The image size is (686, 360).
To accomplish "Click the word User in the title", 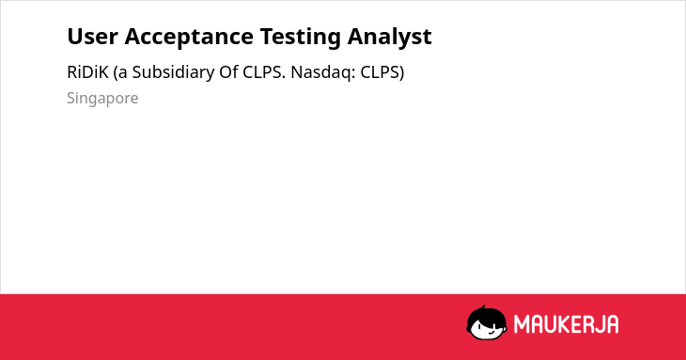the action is [x=92, y=37].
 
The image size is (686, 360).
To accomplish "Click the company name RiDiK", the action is [x=87, y=72].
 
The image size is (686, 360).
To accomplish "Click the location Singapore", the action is [x=102, y=99].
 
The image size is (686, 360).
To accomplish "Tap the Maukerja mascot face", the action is [x=487, y=322].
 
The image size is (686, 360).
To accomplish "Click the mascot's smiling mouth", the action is [x=491, y=332].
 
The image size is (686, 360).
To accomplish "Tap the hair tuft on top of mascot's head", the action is [x=483, y=307].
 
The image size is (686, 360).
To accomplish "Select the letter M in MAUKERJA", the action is [x=522, y=324].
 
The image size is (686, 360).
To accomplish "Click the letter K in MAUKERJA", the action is [x=566, y=324].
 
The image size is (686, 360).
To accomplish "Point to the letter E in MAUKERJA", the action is [x=578, y=324].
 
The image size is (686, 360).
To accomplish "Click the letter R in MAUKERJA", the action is [x=587, y=324].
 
